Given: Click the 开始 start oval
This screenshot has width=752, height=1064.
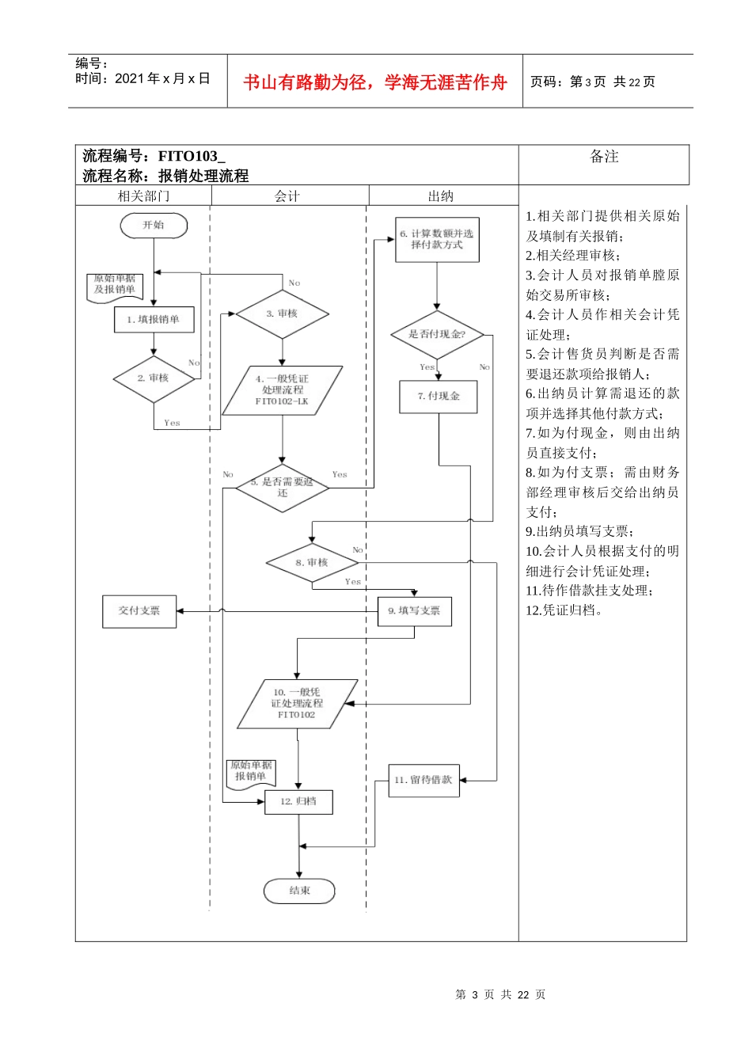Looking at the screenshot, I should point(154,226).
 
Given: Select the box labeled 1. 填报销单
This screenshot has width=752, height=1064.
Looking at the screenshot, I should point(154,319).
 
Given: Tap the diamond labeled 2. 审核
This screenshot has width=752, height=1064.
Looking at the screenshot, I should point(154,378).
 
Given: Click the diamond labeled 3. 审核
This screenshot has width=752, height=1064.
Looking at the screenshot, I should point(282,314).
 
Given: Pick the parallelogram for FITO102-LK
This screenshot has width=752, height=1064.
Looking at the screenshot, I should point(283,390).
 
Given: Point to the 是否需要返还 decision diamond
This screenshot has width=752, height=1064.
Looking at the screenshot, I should point(283,488).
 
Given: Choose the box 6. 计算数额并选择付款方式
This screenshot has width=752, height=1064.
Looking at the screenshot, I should point(437,239).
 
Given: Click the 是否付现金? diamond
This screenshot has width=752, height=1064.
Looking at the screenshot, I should point(437,334).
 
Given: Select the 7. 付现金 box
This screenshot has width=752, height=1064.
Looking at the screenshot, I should point(439,396).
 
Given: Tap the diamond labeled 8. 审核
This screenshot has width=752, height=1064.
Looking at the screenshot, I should point(312,563).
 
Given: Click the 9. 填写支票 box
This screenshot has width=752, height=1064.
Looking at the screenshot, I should point(414,610).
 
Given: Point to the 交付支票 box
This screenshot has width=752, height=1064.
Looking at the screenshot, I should point(139,611).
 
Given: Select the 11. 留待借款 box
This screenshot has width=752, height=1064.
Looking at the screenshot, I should point(423,780).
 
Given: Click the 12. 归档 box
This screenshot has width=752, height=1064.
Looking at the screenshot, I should point(298,801).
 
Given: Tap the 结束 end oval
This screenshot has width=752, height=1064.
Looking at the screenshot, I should point(299,891).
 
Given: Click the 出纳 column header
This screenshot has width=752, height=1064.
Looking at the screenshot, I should point(441,196).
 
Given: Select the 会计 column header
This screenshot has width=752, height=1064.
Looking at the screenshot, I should point(287,196).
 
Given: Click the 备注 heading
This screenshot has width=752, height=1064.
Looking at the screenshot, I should point(604,158).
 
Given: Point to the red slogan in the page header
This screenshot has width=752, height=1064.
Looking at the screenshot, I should point(374,82).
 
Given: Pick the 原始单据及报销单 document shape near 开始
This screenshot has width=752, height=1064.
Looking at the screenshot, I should point(115,286).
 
